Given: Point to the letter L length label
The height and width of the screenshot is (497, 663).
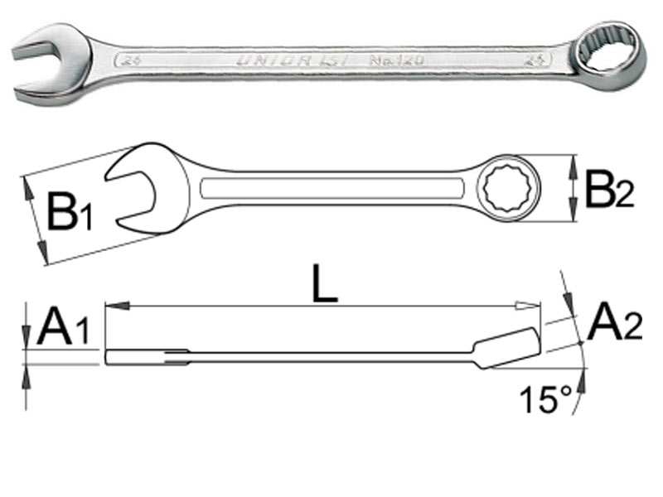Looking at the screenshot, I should [x=326, y=287].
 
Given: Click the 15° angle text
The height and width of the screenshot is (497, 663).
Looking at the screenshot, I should [x=544, y=400].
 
